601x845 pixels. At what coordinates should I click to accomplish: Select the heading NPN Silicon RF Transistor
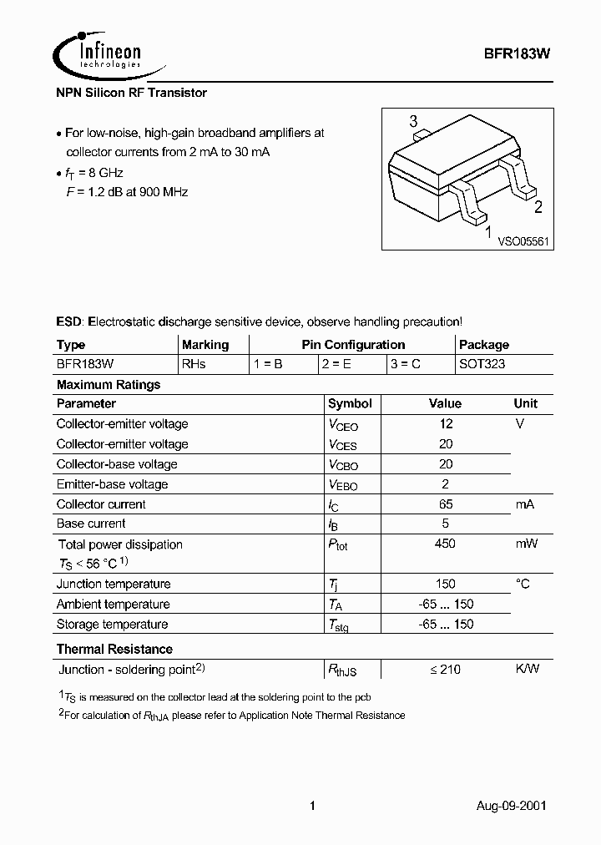tap(131, 93)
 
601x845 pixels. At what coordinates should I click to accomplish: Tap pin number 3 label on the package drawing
tap(413, 123)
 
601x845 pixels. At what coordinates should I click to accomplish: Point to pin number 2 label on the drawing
tap(538, 208)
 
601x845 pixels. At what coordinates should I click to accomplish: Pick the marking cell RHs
tap(194, 364)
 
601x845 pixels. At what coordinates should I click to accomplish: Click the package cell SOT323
tap(482, 364)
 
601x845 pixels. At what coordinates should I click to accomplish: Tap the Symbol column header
tap(350, 403)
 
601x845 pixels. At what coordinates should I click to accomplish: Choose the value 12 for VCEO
tap(446, 423)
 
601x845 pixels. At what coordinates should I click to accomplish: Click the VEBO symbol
tap(343, 485)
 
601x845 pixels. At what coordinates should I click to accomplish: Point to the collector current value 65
tap(446, 504)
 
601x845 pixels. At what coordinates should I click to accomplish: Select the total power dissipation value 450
tap(446, 544)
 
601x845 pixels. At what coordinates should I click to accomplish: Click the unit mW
tap(526, 544)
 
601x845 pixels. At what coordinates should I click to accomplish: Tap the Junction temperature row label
tap(114, 584)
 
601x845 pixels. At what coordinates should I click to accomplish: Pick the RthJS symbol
tap(343, 670)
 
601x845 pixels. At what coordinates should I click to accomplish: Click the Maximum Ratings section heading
tap(109, 385)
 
